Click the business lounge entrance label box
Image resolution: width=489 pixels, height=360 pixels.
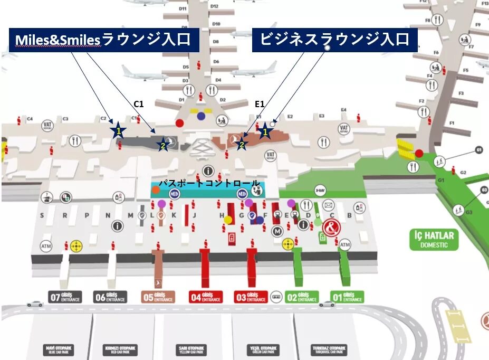tap(334, 40)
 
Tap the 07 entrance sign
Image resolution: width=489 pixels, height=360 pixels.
tap(66, 297)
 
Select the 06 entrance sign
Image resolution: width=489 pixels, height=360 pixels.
tap(110, 297)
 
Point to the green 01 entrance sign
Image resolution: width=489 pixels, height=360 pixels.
tap(347, 297)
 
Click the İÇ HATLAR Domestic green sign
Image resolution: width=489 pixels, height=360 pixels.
tap(434, 239)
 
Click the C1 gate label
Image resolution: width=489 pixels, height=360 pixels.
tap(139, 104)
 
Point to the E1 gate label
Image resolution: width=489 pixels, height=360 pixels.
tap(259, 104)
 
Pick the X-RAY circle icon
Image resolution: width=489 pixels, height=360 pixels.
tap(319, 190)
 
